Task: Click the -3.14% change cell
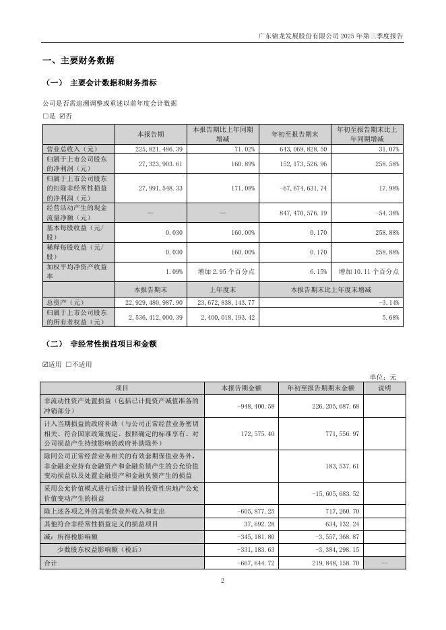[390, 303]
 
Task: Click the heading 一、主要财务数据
[78, 61]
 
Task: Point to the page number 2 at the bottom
[222, 580]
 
